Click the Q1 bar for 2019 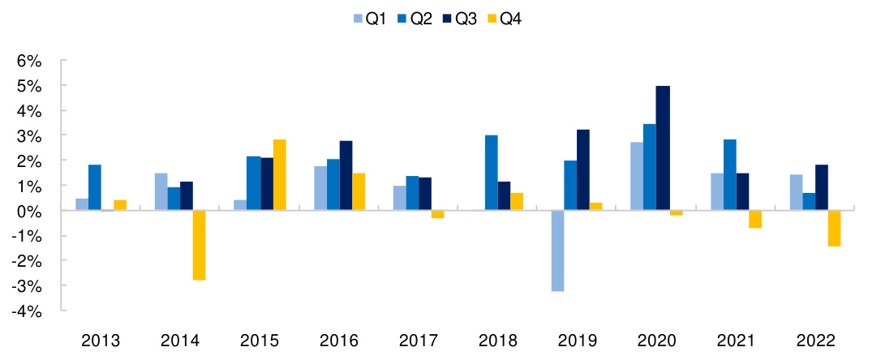pyautogui.click(x=557, y=251)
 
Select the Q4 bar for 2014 pyautogui.click(x=199, y=245)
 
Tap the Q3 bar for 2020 pyautogui.click(x=663, y=148)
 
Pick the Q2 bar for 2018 pyautogui.click(x=492, y=173)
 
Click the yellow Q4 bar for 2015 pyautogui.click(x=279, y=175)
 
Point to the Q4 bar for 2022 pyautogui.click(x=834, y=228)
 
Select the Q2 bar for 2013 pyautogui.click(x=95, y=187)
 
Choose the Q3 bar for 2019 pyautogui.click(x=583, y=170)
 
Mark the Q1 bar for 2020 pyautogui.click(x=637, y=177)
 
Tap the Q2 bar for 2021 pyautogui.click(x=729, y=175)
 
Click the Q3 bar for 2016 pyautogui.click(x=346, y=176)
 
